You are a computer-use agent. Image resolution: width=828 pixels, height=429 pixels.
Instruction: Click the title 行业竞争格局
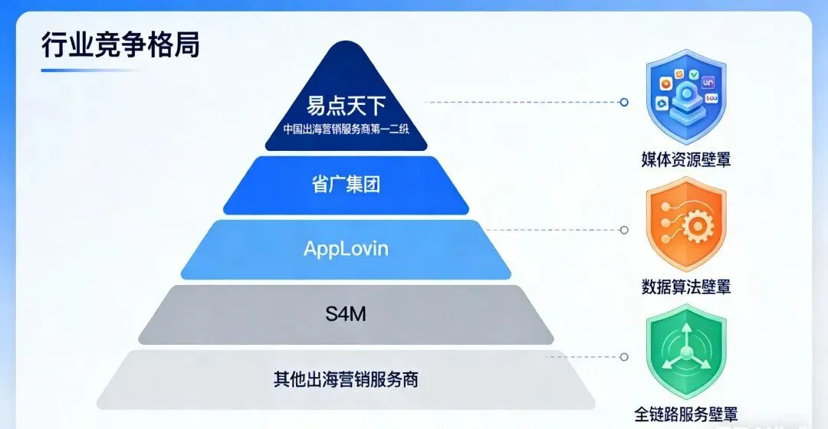click(120, 44)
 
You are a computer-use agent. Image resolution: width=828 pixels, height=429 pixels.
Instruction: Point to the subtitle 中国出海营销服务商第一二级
click(346, 129)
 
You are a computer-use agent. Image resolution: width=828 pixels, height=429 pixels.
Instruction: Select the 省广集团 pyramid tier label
click(346, 185)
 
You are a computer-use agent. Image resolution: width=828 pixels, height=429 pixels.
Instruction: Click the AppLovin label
click(346, 249)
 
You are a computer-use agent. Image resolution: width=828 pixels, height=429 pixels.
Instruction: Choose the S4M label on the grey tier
click(346, 313)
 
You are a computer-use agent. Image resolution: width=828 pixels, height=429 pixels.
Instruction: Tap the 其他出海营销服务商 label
click(346, 378)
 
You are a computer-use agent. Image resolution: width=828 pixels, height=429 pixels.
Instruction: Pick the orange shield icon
click(685, 224)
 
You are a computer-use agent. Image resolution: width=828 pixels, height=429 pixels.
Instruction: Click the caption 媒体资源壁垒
click(685, 160)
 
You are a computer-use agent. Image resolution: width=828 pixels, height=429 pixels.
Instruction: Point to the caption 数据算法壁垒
click(685, 287)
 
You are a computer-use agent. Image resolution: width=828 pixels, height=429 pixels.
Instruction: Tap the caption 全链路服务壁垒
click(685, 414)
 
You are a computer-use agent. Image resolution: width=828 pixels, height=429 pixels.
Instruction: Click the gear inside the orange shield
click(697, 227)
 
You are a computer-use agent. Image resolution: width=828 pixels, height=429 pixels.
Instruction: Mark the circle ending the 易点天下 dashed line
click(624, 102)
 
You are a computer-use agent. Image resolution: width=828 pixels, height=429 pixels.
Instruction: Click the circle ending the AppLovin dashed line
click(624, 230)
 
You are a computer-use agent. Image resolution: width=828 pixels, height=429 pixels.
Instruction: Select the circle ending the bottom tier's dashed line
click(624, 357)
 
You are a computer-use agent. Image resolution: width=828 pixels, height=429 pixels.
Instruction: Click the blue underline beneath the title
click(90, 70)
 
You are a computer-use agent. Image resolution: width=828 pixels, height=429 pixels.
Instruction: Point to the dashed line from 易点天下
click(521, 102)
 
